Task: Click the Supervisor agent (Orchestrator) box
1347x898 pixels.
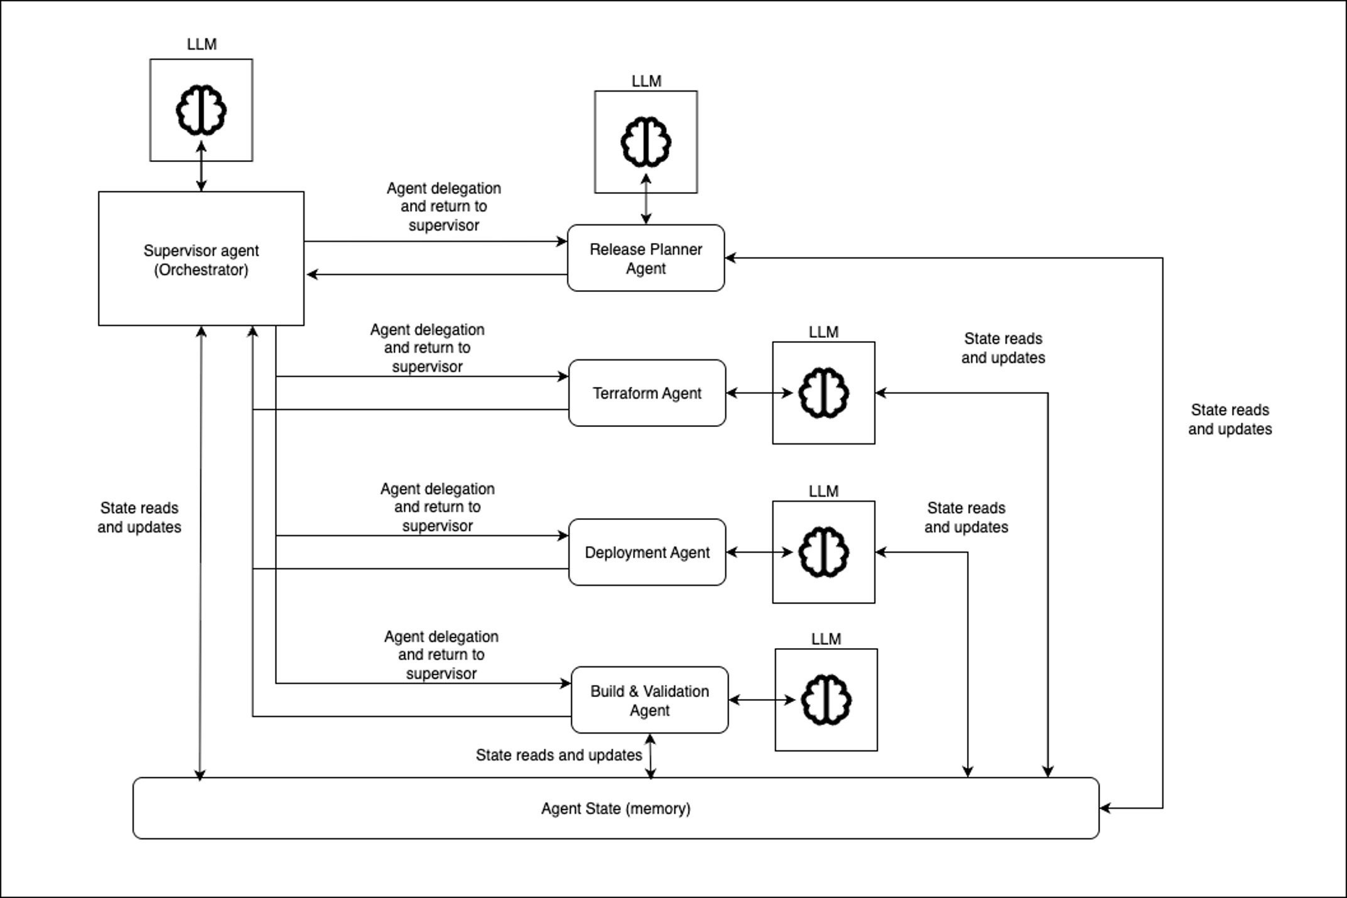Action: coord(201,259)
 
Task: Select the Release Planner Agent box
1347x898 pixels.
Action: coord(646,258)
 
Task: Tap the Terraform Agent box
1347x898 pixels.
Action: coord(647,393)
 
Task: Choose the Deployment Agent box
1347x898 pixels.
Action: coord(647,553)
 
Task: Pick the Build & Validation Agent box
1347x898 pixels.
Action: coord(649,700)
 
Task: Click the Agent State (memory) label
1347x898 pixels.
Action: coord(615,808)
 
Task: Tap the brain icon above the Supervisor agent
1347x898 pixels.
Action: coord(201,111)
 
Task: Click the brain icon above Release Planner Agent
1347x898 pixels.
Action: coord(646,142)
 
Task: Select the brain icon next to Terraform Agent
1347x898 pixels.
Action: coord(823,393)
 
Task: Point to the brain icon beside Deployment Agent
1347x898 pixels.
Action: coord(823,553)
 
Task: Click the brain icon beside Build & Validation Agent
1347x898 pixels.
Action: coord(826,700)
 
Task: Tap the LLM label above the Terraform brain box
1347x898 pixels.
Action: coord(823,332)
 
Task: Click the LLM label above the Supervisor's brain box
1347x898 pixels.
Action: coord(202,45)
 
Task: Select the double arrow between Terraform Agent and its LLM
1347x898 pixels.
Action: coord(759,393)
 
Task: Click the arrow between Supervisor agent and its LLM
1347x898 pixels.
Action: coord(201,167)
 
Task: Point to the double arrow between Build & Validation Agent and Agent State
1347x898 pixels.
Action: coord(651,756)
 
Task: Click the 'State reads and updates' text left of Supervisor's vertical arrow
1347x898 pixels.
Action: coord(139,517)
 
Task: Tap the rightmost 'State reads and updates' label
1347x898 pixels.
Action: coord(1230,419)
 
